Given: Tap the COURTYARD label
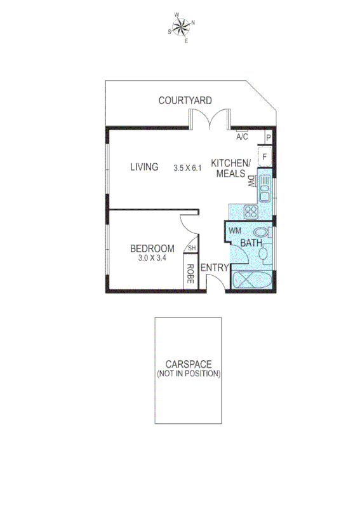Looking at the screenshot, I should pyautogui.click(x=185, y=100).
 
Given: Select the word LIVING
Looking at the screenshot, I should pyautogui.click(x=144, y=167).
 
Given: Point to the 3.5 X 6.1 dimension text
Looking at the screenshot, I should pyautogui.click(x=187, y=168).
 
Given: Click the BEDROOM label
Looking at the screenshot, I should pyautogui.click(x=152, y=248).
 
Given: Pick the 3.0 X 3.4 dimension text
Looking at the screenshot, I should pyautogui.click(x=152, y=258).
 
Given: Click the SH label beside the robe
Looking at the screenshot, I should pyautogui.click(x=191, y=248).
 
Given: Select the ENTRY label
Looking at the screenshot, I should pyautogui.click(x=214, y=268).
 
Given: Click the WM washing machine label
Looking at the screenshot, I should pyautogui.click(x=235, y=230).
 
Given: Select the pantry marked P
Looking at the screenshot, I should pyautogui.click(x=269, y=137).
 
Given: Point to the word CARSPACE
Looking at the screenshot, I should pyautogui.click(x=189, y=364).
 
